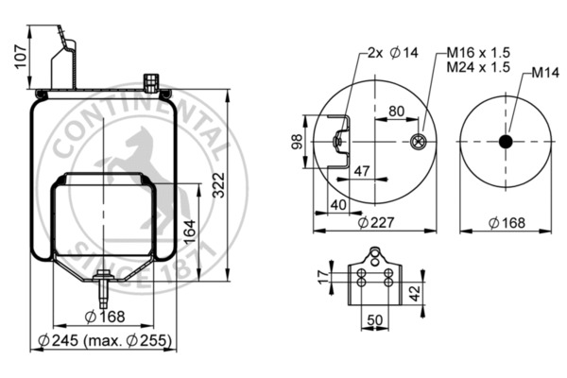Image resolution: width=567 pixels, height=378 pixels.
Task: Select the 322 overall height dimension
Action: click(x=219, y=189)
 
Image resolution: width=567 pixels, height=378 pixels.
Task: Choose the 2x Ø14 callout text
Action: click(x=387, y=54)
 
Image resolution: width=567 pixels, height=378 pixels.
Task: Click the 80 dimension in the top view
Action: click(x=396, y=112)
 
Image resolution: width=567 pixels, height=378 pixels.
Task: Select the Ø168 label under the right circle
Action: click(x=507, y=223)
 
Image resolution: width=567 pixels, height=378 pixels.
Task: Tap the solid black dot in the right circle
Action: click(x=505, y=142)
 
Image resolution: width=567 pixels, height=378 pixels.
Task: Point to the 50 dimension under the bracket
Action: click(x=375, y=321)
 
